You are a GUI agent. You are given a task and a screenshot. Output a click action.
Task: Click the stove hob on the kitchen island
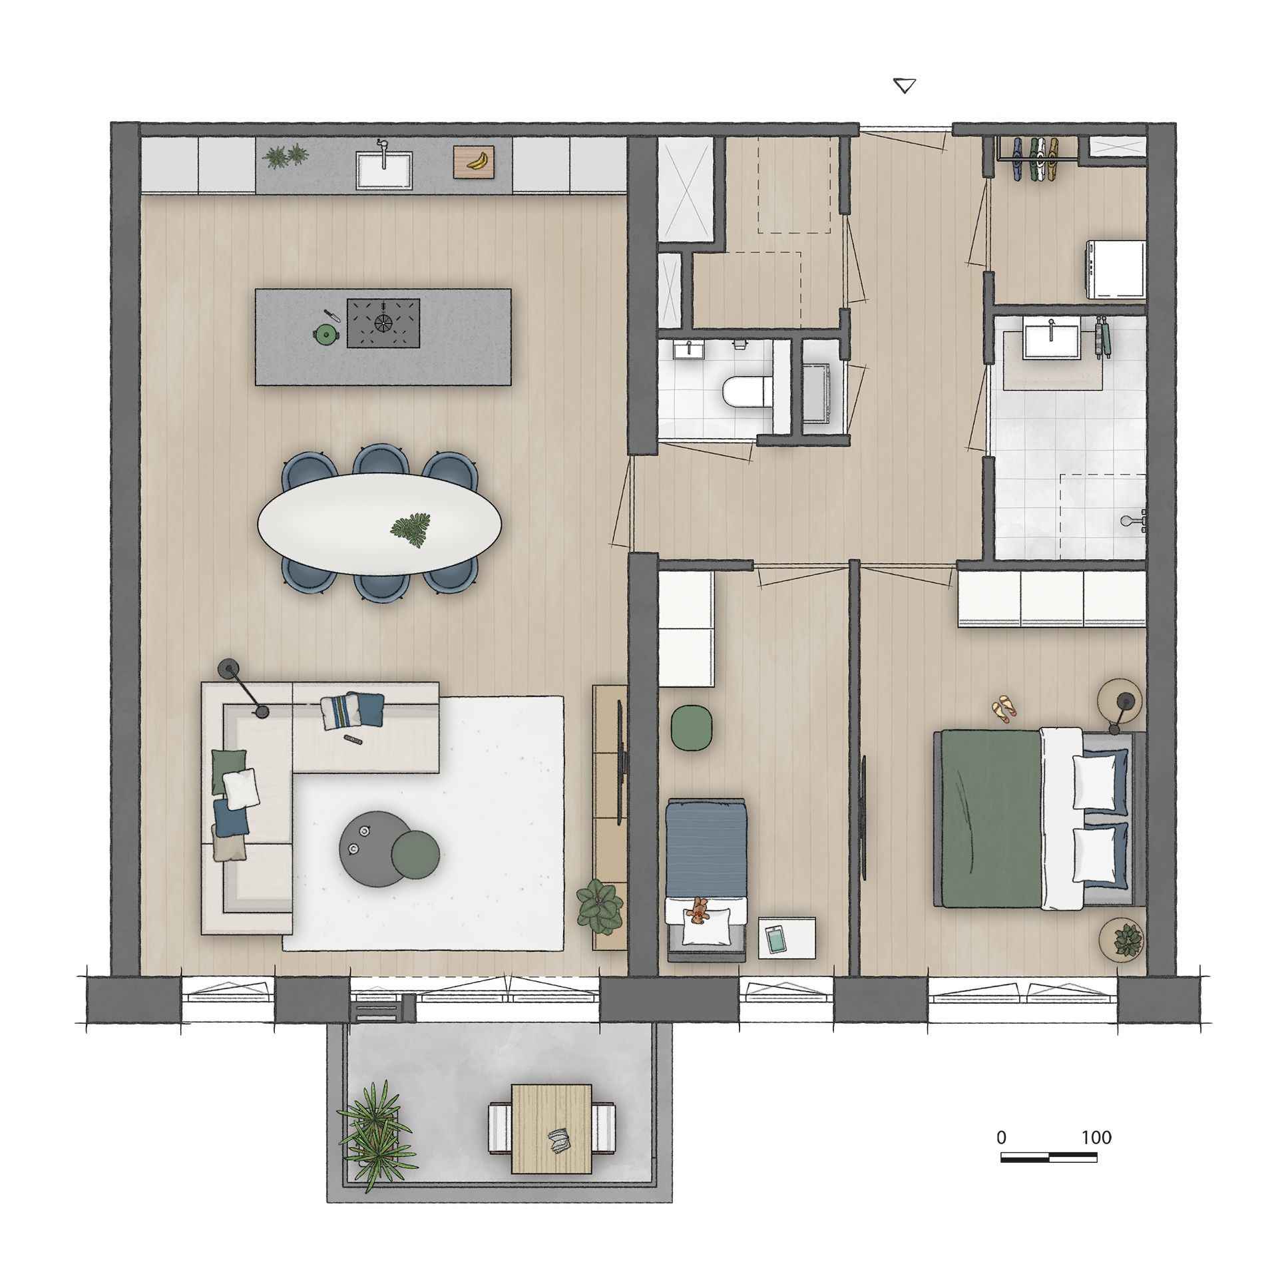click(x=383, y=323)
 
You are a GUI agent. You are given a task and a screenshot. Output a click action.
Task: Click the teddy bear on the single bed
click(x=699, y=910)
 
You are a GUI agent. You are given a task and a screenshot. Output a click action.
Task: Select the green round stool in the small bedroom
click(x=688, y=729)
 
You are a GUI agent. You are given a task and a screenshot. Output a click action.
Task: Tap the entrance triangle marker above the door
click(x=904, y=86)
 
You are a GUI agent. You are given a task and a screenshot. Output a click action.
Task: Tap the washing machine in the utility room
click(x=1115, y=269)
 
